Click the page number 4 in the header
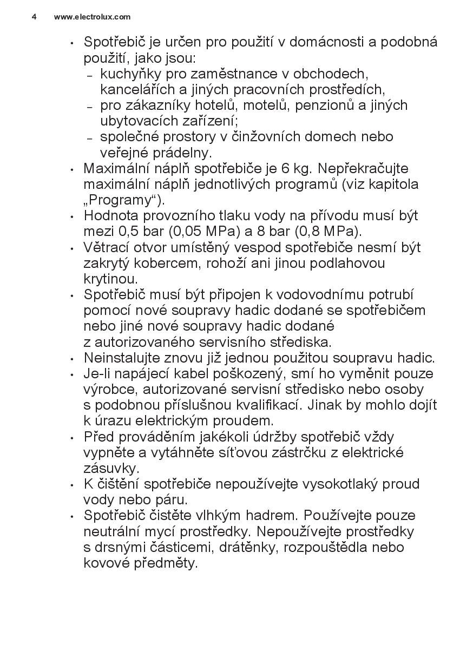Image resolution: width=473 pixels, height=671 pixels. click(34, 17)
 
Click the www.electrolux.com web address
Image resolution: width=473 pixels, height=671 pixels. click(92, 17)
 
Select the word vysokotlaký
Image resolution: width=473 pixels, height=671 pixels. click(340, 484)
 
